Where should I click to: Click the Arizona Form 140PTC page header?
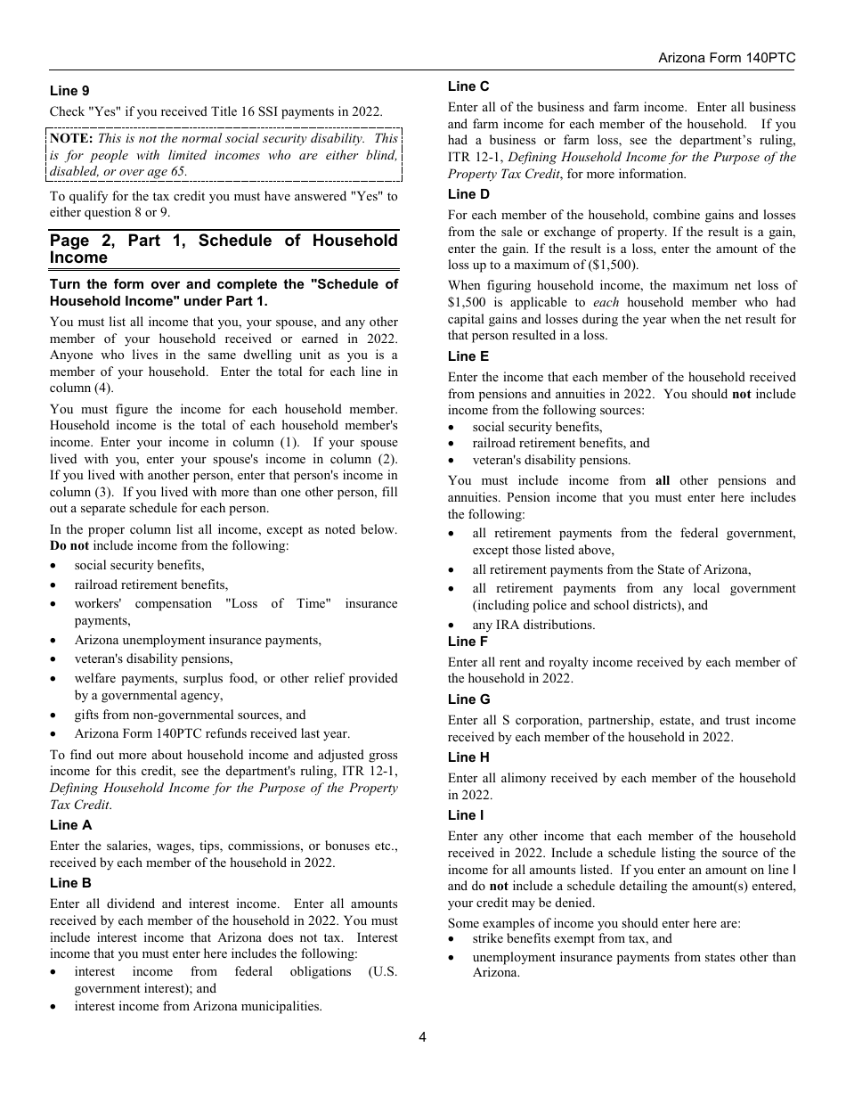tap(727, 57)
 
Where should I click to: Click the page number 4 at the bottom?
tap(423, 1036)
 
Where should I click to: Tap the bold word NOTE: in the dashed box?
tap(71, 138)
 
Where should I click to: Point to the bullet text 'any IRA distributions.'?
tap(533, 625)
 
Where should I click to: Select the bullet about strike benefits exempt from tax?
tap(572, 939)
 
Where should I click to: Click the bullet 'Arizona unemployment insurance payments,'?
tap(198, 640)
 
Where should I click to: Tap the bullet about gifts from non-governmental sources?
tap(190, 715)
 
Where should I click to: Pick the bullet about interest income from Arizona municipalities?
tap(198, 1006)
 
